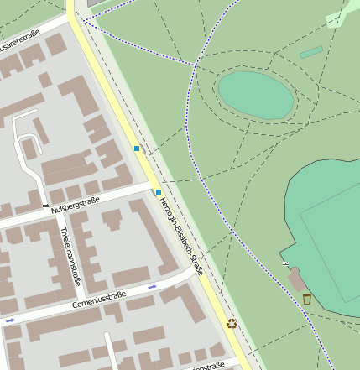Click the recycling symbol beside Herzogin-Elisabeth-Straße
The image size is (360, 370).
coord(232,323)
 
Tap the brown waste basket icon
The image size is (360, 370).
coord(307,299)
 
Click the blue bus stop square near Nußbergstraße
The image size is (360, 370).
coord(158,192)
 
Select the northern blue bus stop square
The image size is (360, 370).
coord(137,149)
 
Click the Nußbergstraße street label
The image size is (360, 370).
coord(76,205)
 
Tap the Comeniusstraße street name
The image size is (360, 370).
coord(100,299)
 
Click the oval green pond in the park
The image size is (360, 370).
coord(256,95)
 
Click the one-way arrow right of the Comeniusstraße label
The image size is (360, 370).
coord(153,287)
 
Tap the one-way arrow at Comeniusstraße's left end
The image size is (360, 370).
coord(9,320)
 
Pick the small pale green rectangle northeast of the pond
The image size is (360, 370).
coord(311,52)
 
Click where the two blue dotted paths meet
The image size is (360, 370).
coord(196,65)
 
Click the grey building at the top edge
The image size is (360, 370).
coord(97,3)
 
